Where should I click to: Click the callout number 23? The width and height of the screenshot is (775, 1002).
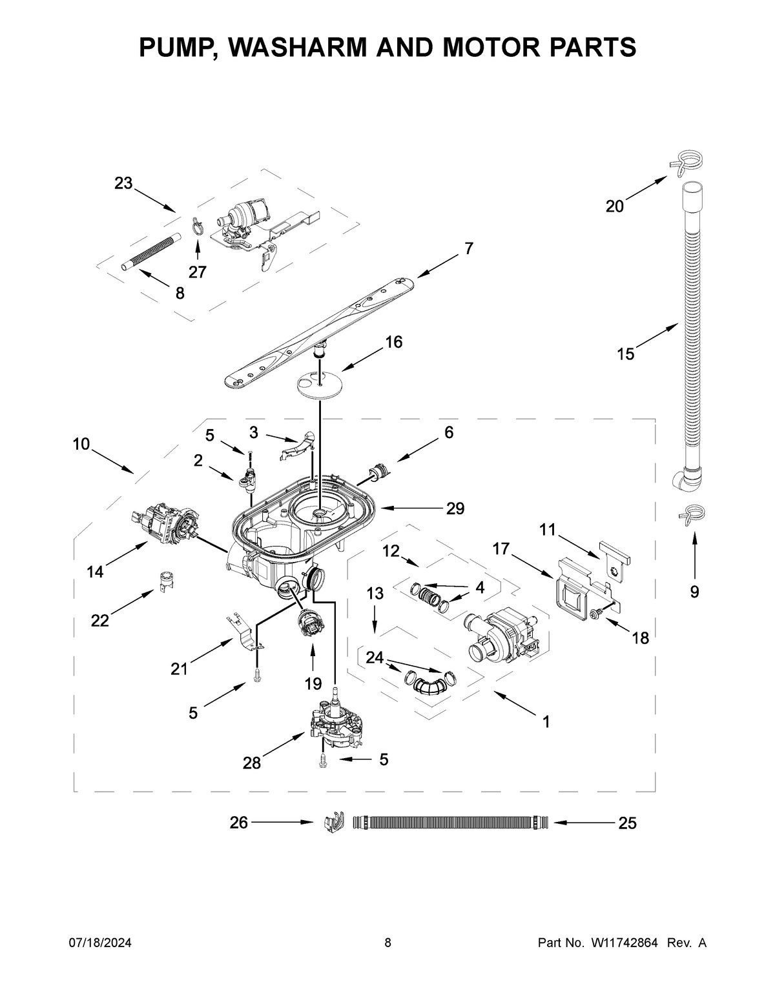click(123, 183)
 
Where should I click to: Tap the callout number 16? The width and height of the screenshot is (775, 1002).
click(393, 342)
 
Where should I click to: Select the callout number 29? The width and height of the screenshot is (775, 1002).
click(455, 508)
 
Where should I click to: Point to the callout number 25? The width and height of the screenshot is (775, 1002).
click(627, 823)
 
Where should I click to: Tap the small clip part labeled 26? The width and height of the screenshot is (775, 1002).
click(332, 823)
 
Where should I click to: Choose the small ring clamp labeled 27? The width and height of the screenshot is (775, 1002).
click(198, 225)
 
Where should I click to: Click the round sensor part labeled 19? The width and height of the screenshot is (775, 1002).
click(309, 625)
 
